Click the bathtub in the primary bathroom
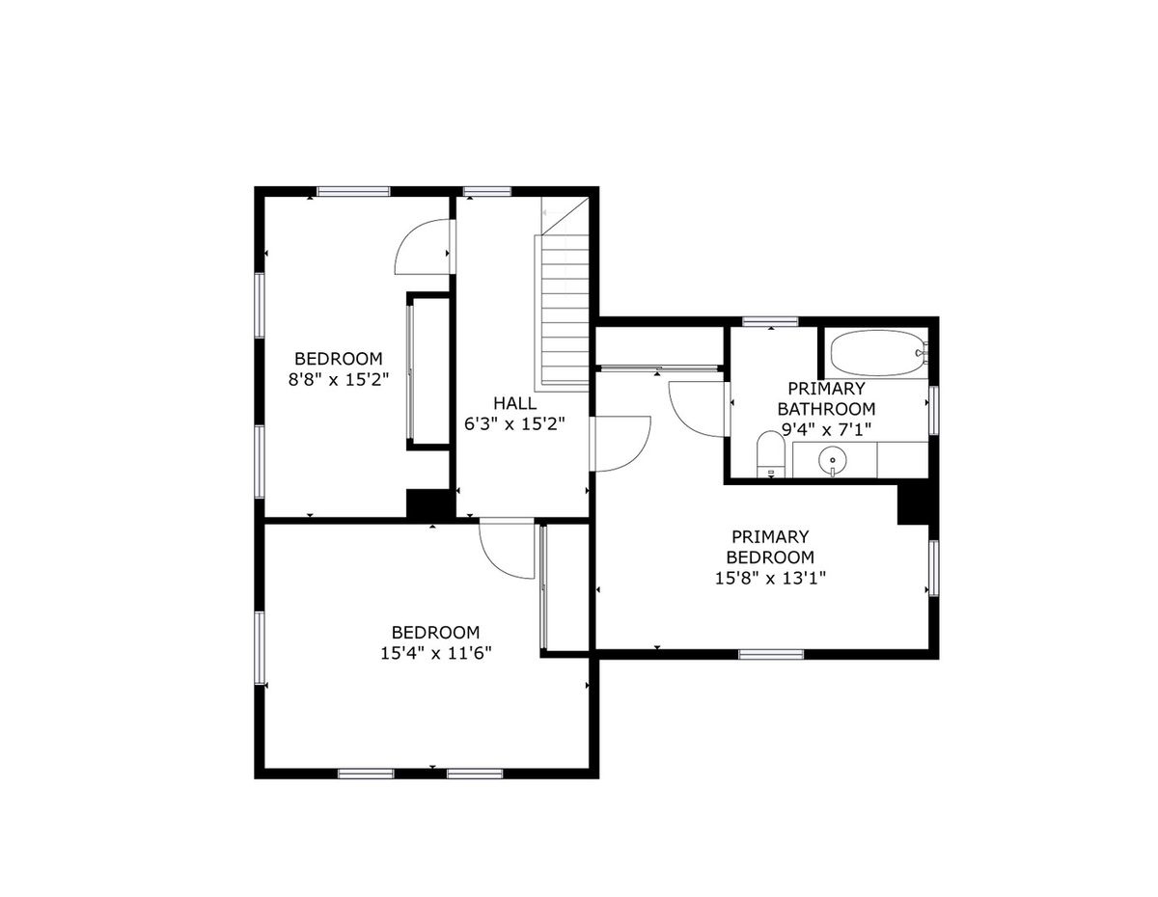point(878,353)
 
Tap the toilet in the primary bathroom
point(770,454)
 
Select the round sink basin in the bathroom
point(832,460)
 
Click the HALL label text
point(514,402)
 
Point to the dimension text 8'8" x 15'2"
point(339,380)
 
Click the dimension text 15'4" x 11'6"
point(435,653)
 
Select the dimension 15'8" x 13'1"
point(770,578)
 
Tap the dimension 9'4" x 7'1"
point(826,429)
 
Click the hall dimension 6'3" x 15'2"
point(514,424)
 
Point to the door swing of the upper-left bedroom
point(422,246)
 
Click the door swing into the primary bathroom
point(697,409)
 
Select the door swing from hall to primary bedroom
point(622,443)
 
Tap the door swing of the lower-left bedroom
point(507,551)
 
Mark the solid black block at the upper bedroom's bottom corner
point(428,503)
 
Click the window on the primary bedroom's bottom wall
point(771,654)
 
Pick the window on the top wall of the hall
point(487,191)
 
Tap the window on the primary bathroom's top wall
point(770,321)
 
